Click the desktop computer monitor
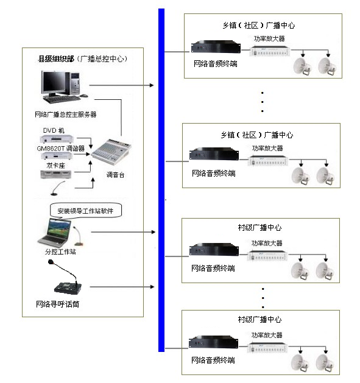click(x=52, y=83)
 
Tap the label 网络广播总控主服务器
click(x=66, y=114)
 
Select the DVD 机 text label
click(x=54, y=130)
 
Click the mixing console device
click(x=111, y=151)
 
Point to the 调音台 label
click(x=115, y=175)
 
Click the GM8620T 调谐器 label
click(x=61, y=148)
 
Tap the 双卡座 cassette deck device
click(x=55, y=174)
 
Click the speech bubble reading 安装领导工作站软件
click(x=85, y=210)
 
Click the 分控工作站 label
click(x=60, y=251)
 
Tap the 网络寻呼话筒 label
click(x=57, y=304)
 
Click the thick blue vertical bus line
click(x=161, y=180)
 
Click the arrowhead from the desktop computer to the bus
click(x=152, y=85)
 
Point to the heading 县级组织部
click(x=56, y=58)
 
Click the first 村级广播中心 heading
click(x=259, y=227)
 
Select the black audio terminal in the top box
click(x=216, y=47)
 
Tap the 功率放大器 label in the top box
click(x=269, y=38)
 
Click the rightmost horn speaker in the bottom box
click(x=325, y=363)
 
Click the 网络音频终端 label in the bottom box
click(x=213, y=360)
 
